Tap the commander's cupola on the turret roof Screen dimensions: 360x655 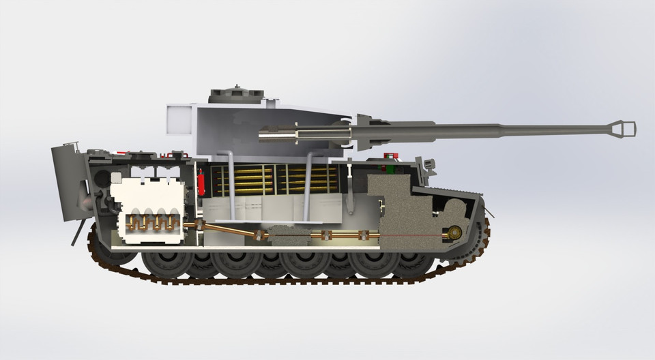[x=235, y=95]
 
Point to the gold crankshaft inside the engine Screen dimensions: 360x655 [x=151, y=222]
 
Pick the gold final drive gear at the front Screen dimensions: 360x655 [x=454, y=232]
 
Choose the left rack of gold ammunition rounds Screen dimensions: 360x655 [x=242, y=179]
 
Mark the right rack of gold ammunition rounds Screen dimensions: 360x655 [x=310, y=179]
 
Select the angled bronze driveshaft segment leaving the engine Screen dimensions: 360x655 [x=229, y=230]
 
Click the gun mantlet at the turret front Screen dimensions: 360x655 [x=365, y=131]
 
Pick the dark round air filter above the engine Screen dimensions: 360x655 [x=102, y=179]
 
